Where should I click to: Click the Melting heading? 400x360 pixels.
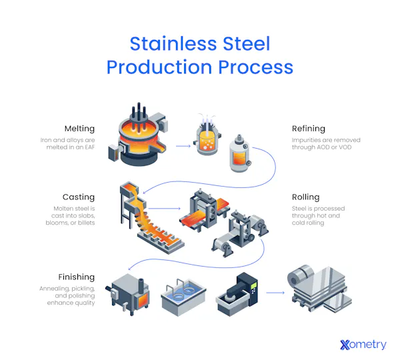point(79,129)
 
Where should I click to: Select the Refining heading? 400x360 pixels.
point(309,129)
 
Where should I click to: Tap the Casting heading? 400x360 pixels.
point(78,197)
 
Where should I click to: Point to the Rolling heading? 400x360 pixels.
point(305,197)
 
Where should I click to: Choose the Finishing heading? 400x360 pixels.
point(76,277)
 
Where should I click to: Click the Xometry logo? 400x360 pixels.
point(363,345)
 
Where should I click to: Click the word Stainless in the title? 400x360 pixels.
point(174,43)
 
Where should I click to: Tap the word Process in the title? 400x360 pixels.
point(255,67)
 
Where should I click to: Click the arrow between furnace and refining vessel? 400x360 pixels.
point(183,146)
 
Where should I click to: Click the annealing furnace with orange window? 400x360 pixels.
point(128,295)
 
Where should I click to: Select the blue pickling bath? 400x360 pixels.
point(183,297)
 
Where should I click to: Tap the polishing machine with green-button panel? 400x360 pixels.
point(237,294)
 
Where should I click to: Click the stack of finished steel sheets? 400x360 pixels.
point(319,289)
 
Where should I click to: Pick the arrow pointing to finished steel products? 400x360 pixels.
point(275,293)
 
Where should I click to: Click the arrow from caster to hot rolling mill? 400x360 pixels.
point(164,209)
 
